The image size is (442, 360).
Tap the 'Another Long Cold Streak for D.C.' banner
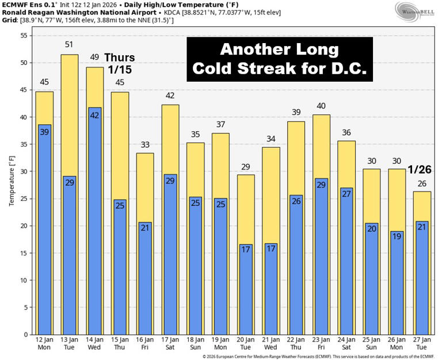coord(280,59)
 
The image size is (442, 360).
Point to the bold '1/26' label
coord(420,170)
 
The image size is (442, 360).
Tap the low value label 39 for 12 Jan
coord(44,132)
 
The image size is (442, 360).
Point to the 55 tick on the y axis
coord(24,36)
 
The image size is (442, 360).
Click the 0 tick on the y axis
coord(25,334)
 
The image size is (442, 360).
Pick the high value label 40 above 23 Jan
coord(322,106)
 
